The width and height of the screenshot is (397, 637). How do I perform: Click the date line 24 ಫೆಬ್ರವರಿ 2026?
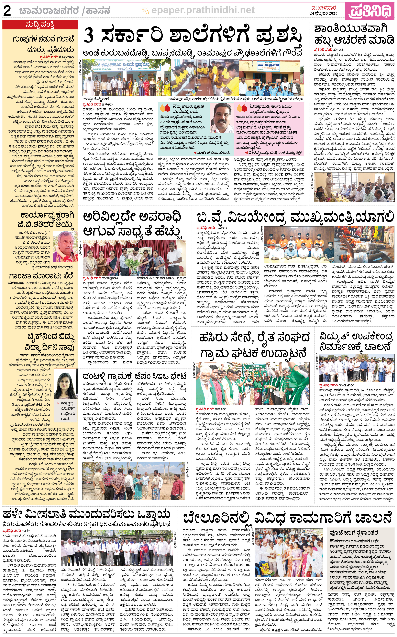(x=324, y=13)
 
